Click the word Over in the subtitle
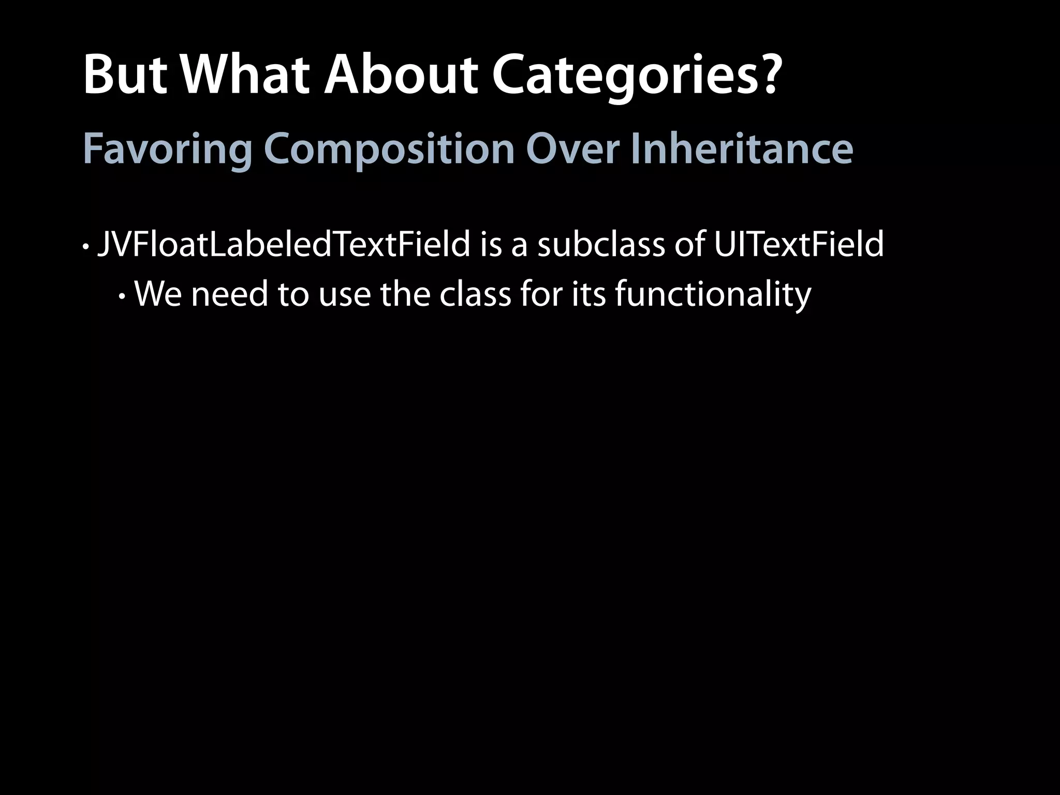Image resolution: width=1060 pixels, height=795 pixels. click(x=572, y=149)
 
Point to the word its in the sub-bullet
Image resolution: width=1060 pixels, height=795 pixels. click(x=588, y=294)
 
